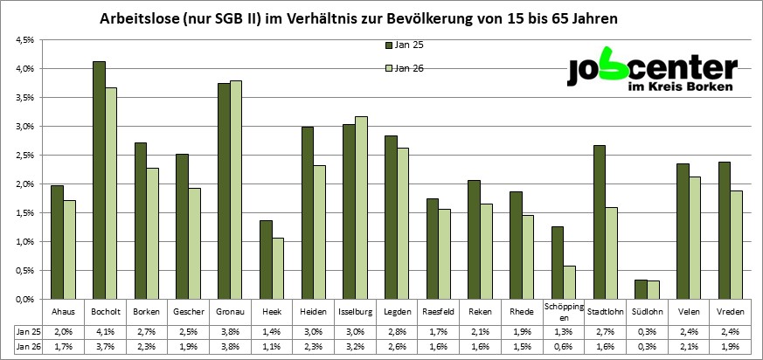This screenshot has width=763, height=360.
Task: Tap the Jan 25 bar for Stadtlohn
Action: pyautogui.click(x=599, y=222)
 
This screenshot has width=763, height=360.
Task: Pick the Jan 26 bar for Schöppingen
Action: pyautogui.click(x=569, y=282)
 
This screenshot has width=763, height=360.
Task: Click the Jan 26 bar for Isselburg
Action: pyautogui.click(x=360, y=207)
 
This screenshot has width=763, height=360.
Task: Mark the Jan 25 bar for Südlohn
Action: pyautogui.click(x=641, y=289)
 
